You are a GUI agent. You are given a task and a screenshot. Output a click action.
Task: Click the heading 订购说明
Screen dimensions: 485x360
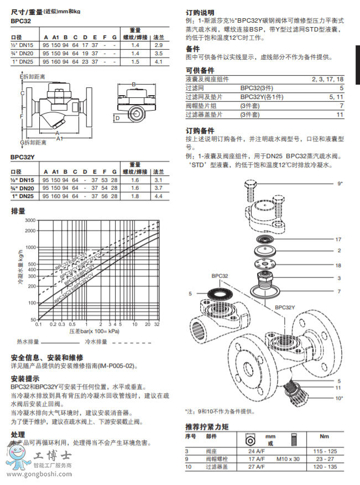(200, 12)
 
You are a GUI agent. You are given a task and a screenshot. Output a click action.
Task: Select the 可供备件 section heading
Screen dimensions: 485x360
(200, 70)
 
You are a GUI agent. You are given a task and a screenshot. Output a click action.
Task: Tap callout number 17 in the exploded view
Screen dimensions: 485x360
(338, 239)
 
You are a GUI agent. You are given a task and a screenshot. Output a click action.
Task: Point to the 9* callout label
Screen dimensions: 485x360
(340, 183)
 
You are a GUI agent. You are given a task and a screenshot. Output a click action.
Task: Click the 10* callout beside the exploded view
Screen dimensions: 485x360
(339, 397)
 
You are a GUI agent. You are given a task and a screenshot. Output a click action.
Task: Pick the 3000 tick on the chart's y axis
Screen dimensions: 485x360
(29, 220)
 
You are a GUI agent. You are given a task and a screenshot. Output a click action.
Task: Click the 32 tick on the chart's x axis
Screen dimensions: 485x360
(156, 325)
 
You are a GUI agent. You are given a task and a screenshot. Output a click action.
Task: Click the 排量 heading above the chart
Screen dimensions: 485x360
(18, 211)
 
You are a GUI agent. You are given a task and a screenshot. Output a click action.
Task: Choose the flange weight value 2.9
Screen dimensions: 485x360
(159, 44)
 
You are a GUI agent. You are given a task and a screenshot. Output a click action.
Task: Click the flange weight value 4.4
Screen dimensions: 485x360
(159, 196)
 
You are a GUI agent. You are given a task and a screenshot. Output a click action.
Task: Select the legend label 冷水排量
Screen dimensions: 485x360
(94, 342)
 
